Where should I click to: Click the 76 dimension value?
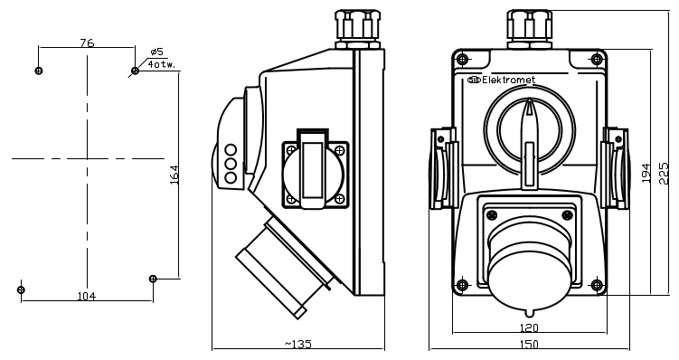[x=87, y=43]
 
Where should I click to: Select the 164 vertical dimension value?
[x=174, y=175]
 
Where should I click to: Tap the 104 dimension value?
[x=87, y=296]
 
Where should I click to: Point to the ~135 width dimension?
[x=298, y=344]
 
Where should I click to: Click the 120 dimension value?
[x=528, y=327]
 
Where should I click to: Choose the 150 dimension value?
[x=528, y=344]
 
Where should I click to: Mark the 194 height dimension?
[x=646, y=173]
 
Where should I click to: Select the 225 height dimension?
[x=664, y=173]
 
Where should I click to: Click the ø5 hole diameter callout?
[x=156, y=52]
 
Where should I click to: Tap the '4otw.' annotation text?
[x=162, y=64]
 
